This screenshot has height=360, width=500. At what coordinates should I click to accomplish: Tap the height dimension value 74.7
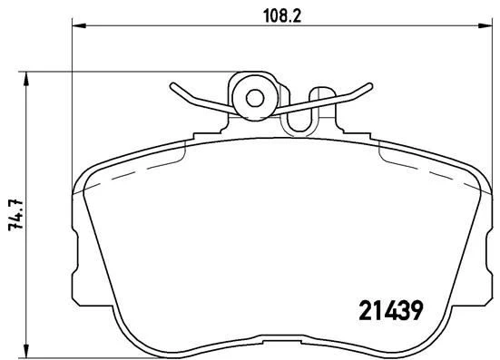tap(15, 213)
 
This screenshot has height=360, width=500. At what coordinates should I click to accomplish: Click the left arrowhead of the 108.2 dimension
tap(75, 26)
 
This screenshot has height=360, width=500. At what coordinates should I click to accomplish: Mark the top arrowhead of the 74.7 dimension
tap(32, 75)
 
